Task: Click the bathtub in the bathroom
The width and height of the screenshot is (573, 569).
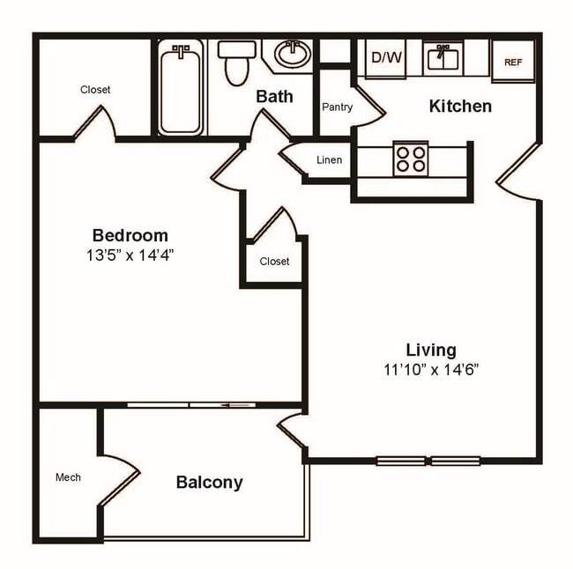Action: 181,88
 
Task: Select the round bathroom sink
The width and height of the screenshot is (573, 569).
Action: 292,55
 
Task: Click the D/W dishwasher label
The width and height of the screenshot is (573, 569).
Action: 384,59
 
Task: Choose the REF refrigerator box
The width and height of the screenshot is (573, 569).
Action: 513,62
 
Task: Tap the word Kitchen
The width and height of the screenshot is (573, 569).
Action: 459,107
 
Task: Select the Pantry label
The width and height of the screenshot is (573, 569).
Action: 337,107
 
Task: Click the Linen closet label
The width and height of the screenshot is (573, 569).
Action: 329,160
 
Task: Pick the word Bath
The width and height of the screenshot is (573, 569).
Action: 274,96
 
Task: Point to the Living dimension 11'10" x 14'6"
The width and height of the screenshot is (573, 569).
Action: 431,370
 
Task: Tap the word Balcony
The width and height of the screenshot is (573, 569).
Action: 209,483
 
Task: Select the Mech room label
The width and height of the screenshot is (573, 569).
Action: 68,477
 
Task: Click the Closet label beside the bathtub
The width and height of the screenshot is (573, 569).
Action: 95,90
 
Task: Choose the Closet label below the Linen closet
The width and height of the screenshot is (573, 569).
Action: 274,262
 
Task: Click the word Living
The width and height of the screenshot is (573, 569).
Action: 431,350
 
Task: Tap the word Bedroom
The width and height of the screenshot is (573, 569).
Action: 130,235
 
